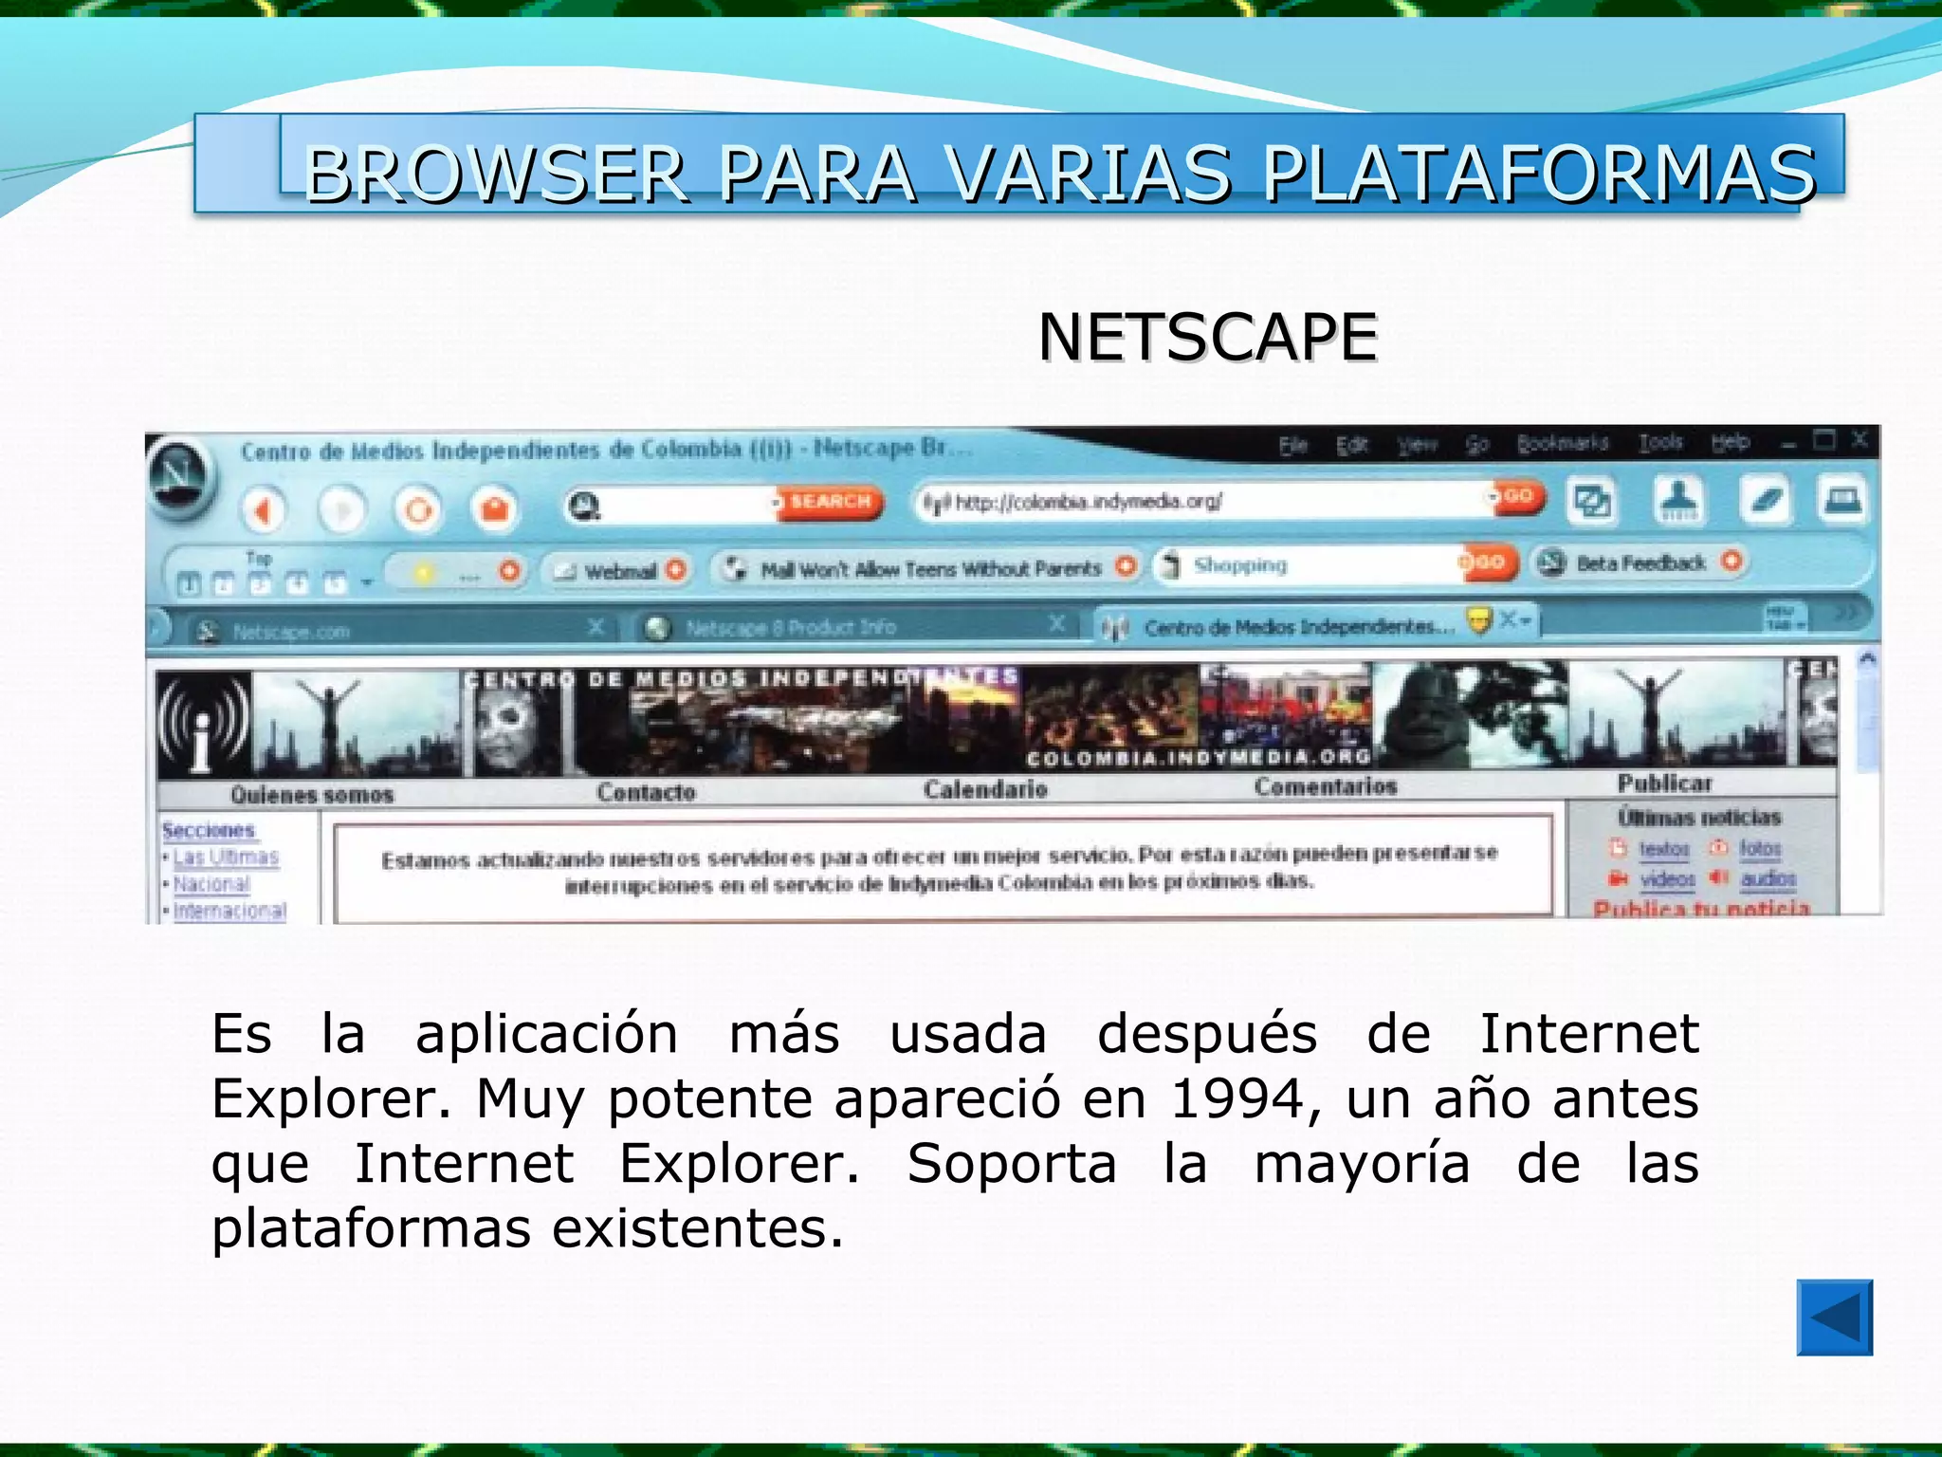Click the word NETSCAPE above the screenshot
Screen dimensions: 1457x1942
pyautogui.click(x=1207, y=338)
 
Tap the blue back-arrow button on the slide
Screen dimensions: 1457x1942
pyautogui.click(x=1834, y=1318)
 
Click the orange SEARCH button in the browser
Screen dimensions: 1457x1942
pyautogui.click(x=830, y=501)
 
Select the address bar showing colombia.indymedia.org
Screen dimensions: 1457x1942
pyautogui.click(x=1204, y=501)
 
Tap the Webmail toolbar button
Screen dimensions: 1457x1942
pyautogui.click(x=618, y=570)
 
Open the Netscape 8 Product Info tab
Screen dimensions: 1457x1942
pyautogui.click(x=789, y=627)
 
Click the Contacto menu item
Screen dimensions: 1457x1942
pyautogui.click(x=646, y=791)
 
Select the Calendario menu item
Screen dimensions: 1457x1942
pyautogui.click(x=985, y=789)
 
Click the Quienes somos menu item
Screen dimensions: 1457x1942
pyautogui.click(x=311, y=795)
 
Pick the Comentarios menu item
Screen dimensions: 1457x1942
pyautogui.click(x=1325, y=786)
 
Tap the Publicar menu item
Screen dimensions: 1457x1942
pyautogui.click(x=1664, y=784)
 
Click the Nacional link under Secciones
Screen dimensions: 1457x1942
pyautogui.click(x=211, y=884)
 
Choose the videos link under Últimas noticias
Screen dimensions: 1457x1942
pyautogui.click(x=1667, y=879)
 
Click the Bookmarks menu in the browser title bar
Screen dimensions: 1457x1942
pyautogui.click(x=1562, y=443)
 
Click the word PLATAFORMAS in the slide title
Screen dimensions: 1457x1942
pyautogui.click(x=1538, y=175)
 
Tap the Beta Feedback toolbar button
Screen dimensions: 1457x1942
pyautogui.click(x=1639, y=563)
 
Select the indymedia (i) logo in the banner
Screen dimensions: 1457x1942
pyautogui.click(x=203, y=724)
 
